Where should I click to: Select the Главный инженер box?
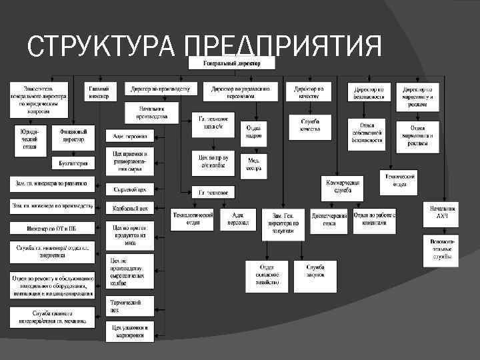tap(101, 91)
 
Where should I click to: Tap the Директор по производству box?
tap(161, 88)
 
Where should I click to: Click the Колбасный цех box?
tap(130, 208)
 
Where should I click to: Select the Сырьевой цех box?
tap(130, 189)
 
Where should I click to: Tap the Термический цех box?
tap(130, 306)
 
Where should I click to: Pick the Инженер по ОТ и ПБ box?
tap(52, 227)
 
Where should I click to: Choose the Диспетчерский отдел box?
tap(329, 220)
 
